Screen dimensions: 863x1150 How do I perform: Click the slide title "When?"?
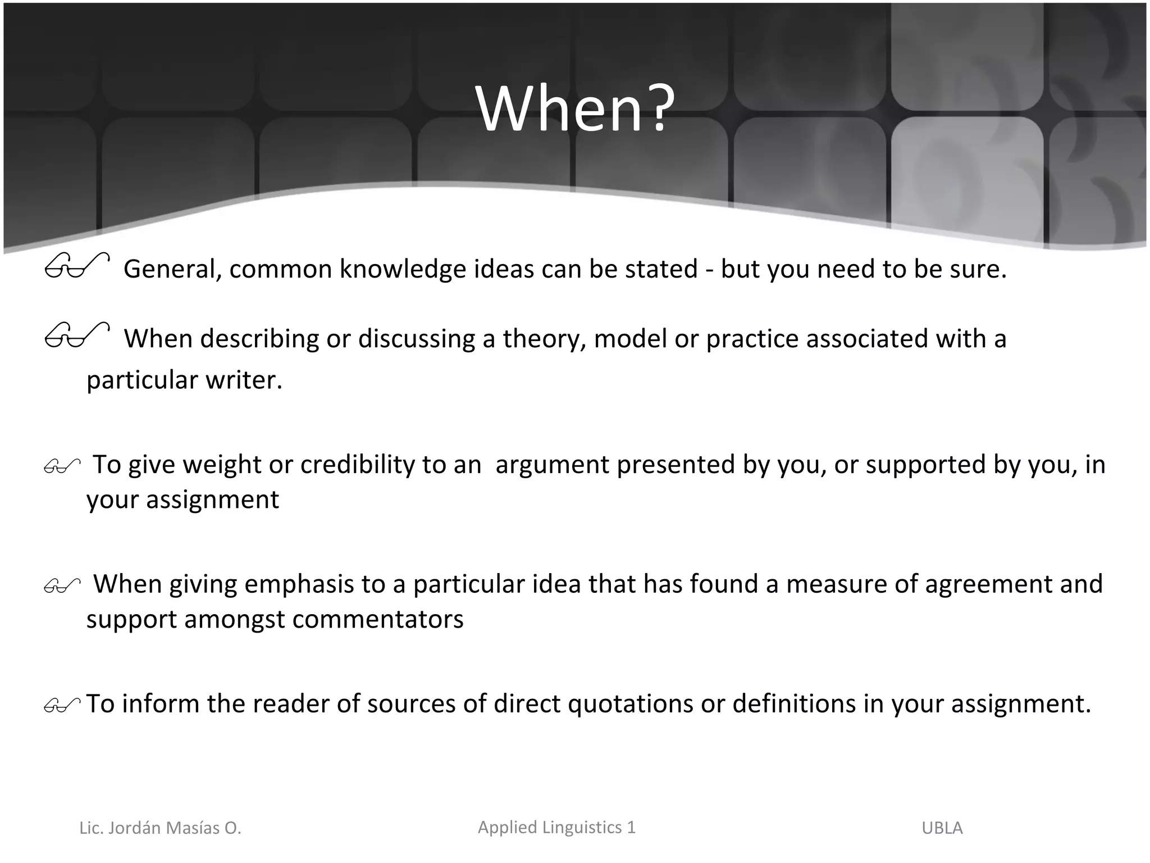[x=574, y=108]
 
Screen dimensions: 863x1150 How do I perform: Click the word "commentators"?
[x=378, y=620]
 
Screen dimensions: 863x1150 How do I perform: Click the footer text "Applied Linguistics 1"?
[x=556, y=827]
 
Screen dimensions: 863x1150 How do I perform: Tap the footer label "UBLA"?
[x=942, y=828]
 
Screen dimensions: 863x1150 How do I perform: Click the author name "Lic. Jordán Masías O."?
[x=160, y=828]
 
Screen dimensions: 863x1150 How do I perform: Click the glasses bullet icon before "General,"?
[x=76, y=266]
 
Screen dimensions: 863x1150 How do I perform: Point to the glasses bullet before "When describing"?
[x=76, y=335]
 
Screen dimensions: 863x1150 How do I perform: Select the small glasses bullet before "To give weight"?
[x=62, y=466]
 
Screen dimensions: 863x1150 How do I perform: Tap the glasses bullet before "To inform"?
[x=62, y=705]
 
